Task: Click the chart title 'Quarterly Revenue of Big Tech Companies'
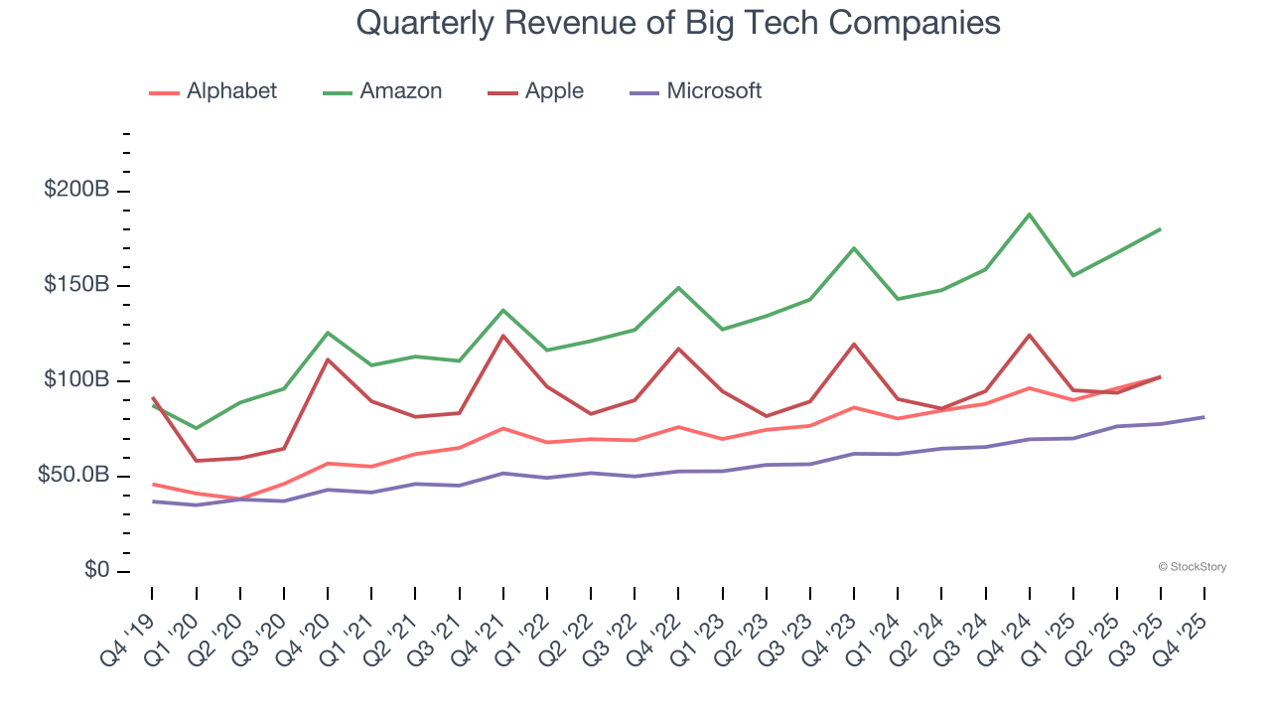[677, 23]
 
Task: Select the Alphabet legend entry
[212, 91]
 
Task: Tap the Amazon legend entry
[382, 91]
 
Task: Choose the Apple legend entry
[535, 91]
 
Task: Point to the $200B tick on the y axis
[77, 190]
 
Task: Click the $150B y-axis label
[77, 285]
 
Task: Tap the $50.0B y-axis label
[73, 476]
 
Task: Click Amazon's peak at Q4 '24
[1030, 214]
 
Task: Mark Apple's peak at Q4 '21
[503, 336]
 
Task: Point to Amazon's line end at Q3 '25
[1161, 229]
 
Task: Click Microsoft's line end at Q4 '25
[1204, 417]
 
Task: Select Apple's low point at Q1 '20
[196, 461]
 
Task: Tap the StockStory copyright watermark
[1192, 567]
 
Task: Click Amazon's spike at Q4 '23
[854, 248]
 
